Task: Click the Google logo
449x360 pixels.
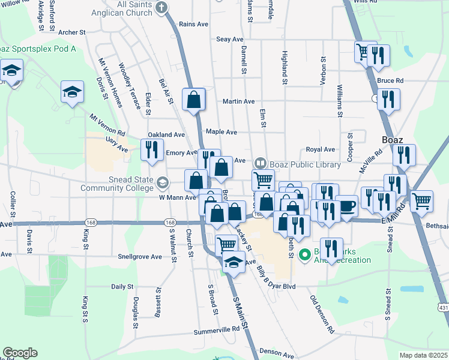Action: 20,353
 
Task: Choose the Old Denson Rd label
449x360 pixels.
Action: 322,314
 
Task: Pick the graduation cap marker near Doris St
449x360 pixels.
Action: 72,92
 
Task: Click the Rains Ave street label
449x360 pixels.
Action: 193,24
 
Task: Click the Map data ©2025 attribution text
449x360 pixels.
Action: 422,355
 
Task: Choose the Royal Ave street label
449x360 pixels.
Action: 320,149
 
